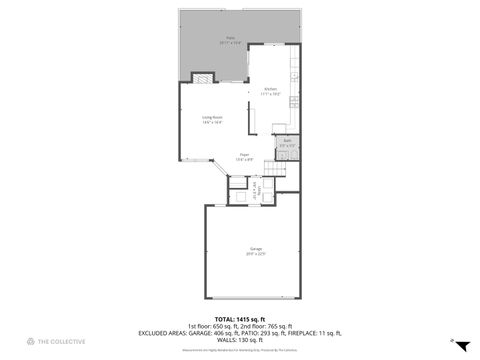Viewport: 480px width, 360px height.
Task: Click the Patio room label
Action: click(230, 42)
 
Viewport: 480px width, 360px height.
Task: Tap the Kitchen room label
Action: click(270, 91)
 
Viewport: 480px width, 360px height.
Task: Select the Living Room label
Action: click(211, 120)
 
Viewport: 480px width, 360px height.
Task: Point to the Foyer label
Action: click(242, 157)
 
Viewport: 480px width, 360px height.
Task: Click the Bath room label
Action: click(286, 143)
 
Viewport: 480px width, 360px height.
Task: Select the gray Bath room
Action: click(286, 146)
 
